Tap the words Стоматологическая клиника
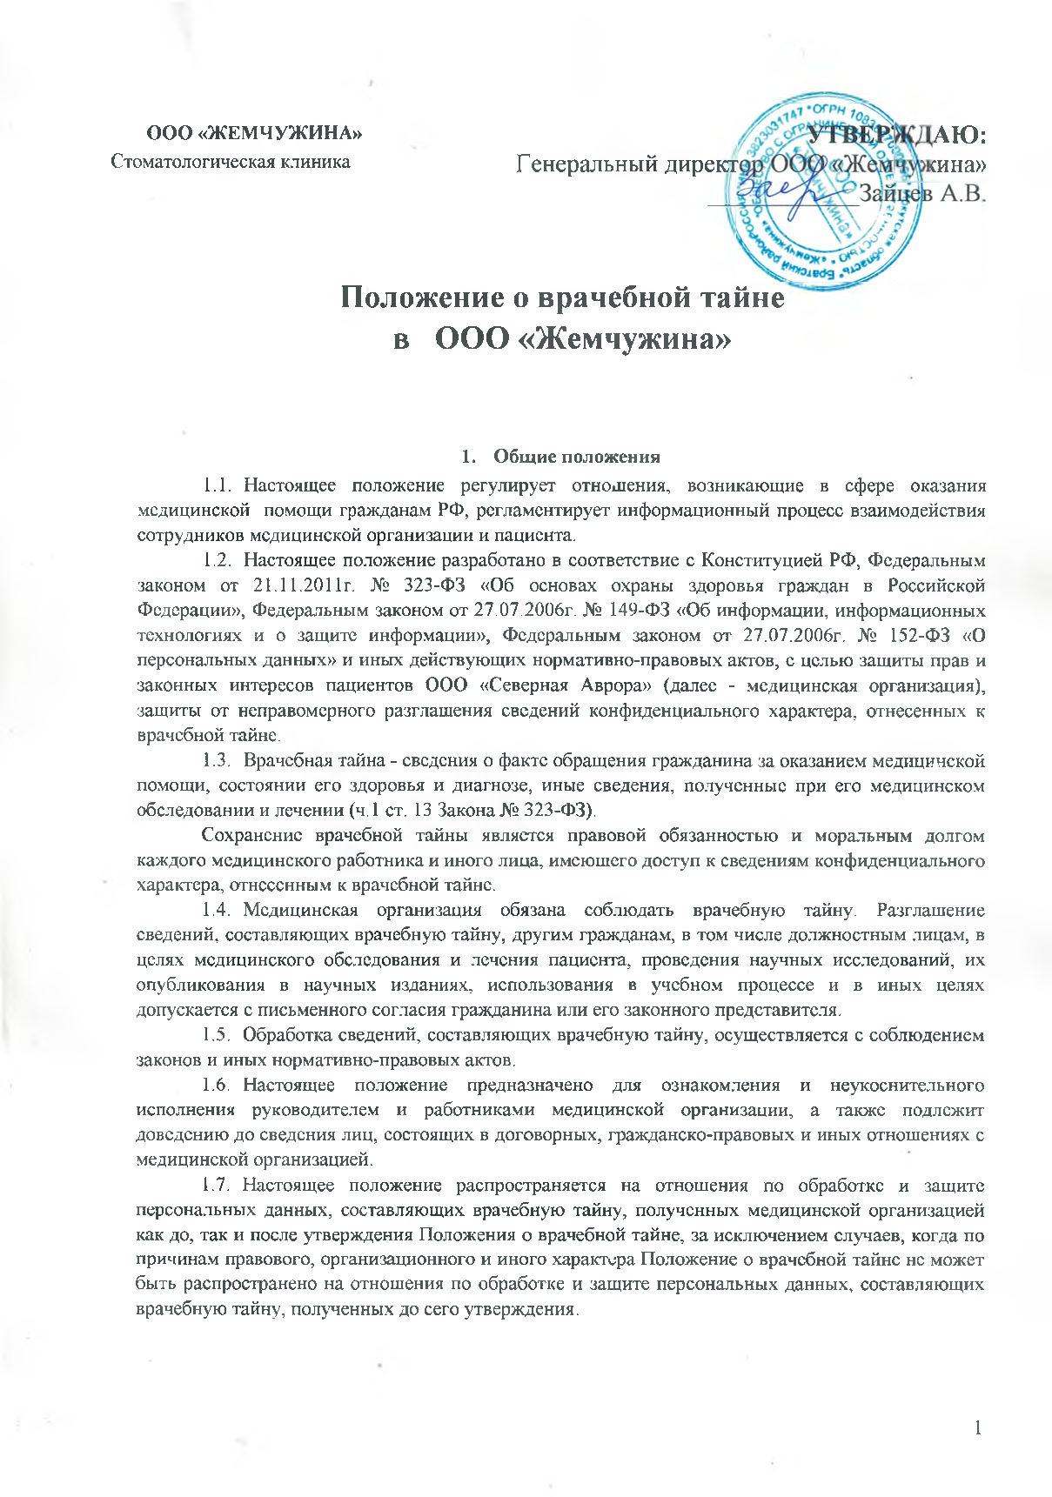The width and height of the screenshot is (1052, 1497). click(231, 162)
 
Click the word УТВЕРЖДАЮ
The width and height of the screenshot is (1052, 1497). click(896, 136)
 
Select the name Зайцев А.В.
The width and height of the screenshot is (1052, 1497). click(922, 192)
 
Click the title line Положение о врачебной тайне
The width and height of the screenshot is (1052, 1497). click(561, 297)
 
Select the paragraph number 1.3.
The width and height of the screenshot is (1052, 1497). click(218, 761)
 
